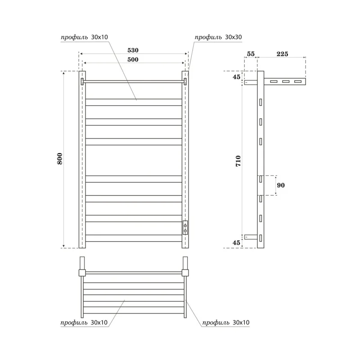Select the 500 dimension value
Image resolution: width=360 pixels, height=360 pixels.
point(132,59)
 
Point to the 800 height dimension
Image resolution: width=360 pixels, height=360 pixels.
point(59,159)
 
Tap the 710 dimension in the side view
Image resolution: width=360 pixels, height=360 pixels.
point(238,160)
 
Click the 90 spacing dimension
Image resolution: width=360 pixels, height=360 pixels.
point(281,185)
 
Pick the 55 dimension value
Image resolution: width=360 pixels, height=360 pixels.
point(250,54)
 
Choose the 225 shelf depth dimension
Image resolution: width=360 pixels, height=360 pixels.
point(282,54)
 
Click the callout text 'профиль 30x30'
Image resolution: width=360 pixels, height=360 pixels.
point(218,36)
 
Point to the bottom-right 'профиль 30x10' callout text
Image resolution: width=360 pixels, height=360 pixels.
point(226,322)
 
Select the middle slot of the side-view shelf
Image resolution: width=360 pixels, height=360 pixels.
point(285,82)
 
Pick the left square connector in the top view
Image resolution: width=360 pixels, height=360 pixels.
point(82,272)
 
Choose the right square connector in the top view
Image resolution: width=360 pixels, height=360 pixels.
point(185,272)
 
